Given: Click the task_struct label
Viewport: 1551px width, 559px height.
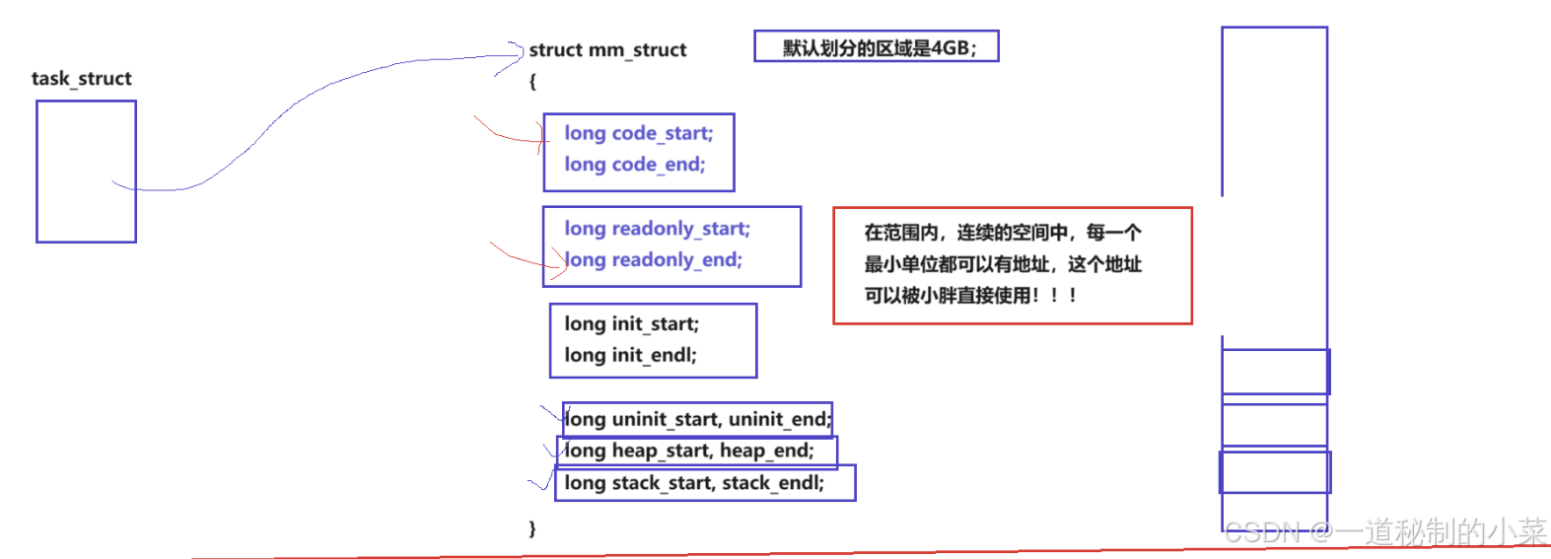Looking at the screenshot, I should click(81, 79).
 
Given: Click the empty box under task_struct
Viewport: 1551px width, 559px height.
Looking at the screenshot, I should click(86, 172).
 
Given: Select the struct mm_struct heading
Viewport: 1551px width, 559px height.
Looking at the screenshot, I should click(607, 50).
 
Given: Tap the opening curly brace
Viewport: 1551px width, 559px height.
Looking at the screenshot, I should click(532, 82).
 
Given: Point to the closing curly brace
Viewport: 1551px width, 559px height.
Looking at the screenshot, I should click(532, 528).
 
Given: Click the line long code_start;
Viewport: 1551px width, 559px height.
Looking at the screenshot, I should click(638, 133).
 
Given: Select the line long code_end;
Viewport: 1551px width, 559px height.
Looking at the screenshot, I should click(634, 165).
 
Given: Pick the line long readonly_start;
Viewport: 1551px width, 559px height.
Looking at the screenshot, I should click(657, 229).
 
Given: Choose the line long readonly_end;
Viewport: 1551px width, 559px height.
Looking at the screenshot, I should click(653, 260).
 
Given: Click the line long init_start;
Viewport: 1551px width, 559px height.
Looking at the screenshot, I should click(631, 324).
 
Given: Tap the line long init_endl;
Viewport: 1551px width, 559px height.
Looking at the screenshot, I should click(630, 356).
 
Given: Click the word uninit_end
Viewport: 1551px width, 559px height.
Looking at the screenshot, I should click(779, 420).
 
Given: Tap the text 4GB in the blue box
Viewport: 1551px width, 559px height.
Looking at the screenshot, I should click(950, 48).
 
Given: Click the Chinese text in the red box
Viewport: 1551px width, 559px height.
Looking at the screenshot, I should click(1003, 264).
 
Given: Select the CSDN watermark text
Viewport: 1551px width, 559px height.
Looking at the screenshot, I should click(1384, 532).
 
